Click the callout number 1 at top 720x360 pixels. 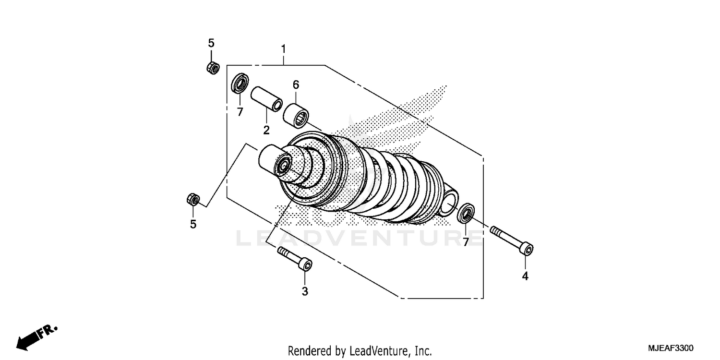point(283,49)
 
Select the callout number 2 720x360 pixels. point(266,130)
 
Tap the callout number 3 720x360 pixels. point(305,291)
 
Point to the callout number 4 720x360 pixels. point(525,276)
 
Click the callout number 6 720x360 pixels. point(296,85)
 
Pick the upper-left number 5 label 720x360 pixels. point(211,43)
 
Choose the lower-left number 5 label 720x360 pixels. point(193,224)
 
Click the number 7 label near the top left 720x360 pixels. point(240,112)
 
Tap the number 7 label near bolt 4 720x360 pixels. point(465,242)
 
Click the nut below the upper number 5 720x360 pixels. point(213,68)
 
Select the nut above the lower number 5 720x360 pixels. point(193,199)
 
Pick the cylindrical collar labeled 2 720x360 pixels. point(267,98)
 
